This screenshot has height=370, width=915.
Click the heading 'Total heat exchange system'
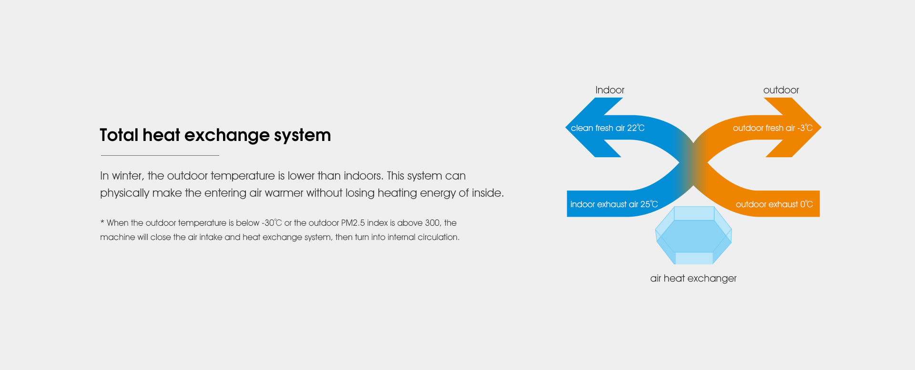click(x=215, y=135)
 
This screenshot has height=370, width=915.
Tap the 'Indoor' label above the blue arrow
click(x=610, y=90)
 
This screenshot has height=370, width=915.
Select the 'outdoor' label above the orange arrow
click(x=781, y=90)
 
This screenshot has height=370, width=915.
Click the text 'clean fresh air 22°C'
click(x=608, y=128)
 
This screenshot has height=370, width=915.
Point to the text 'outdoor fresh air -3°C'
click(x=773, y=128)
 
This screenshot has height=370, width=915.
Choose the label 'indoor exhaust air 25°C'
click(x=614, y=204)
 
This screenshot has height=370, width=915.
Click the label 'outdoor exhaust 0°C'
click(x=774, y=204)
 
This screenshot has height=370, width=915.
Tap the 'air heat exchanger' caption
click(x=693, y=279)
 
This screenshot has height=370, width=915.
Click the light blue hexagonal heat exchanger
click(x=693, y=235)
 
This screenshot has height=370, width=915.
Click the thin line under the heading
click(x=160, y=155)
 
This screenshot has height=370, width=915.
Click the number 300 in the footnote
click(x=432, y=223)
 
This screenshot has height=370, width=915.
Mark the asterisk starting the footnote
click(x=102, y=222)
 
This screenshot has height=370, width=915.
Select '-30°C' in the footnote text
click(x=272, y=223)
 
